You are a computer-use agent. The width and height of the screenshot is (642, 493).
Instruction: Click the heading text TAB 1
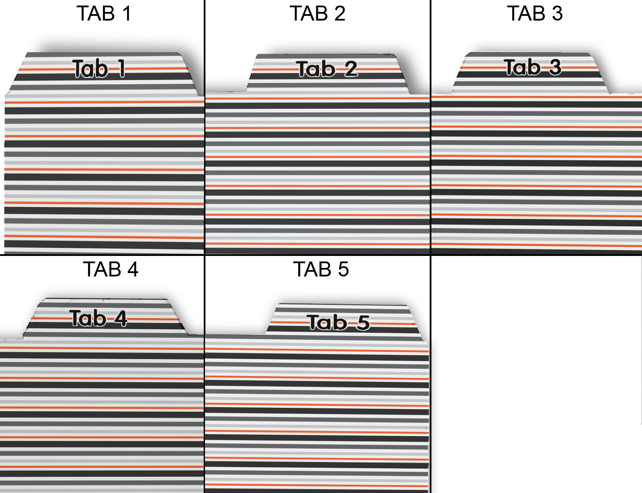[x=104, y=14]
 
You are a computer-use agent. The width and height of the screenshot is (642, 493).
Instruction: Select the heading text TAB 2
[x=317, y=14]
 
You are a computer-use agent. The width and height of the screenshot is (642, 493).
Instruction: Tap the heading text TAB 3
[x=535, y=14]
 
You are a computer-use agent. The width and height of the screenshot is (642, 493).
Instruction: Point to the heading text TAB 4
[x=110, y=270]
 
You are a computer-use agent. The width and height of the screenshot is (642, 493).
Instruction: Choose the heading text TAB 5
[x=321, y=270]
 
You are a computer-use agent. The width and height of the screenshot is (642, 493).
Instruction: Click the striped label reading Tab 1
[x=99, y=69]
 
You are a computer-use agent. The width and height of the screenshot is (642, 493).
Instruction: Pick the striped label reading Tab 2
[x=327, y=69]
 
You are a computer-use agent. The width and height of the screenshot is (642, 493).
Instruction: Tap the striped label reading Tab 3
[x=532, y=67]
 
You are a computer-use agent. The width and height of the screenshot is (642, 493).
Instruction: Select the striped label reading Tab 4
[x=98, y=318]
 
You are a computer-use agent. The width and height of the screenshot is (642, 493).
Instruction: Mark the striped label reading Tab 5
[x=338, y=323]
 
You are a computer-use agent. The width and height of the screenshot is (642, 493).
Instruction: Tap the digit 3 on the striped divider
[x=555, y=67]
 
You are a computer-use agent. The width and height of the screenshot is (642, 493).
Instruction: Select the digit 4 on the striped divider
[x=121, y=318]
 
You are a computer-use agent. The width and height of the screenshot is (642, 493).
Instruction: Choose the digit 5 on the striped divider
[x=363, y=323]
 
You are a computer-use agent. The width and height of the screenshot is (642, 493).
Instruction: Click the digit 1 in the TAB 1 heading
[x=126, y=14]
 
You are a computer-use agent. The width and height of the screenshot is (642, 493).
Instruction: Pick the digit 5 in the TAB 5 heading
[x=343, y=270]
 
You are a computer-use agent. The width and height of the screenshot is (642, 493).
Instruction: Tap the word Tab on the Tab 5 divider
[x=327, y=323]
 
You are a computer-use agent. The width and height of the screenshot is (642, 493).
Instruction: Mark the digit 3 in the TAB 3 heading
[x=557, y=14]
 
